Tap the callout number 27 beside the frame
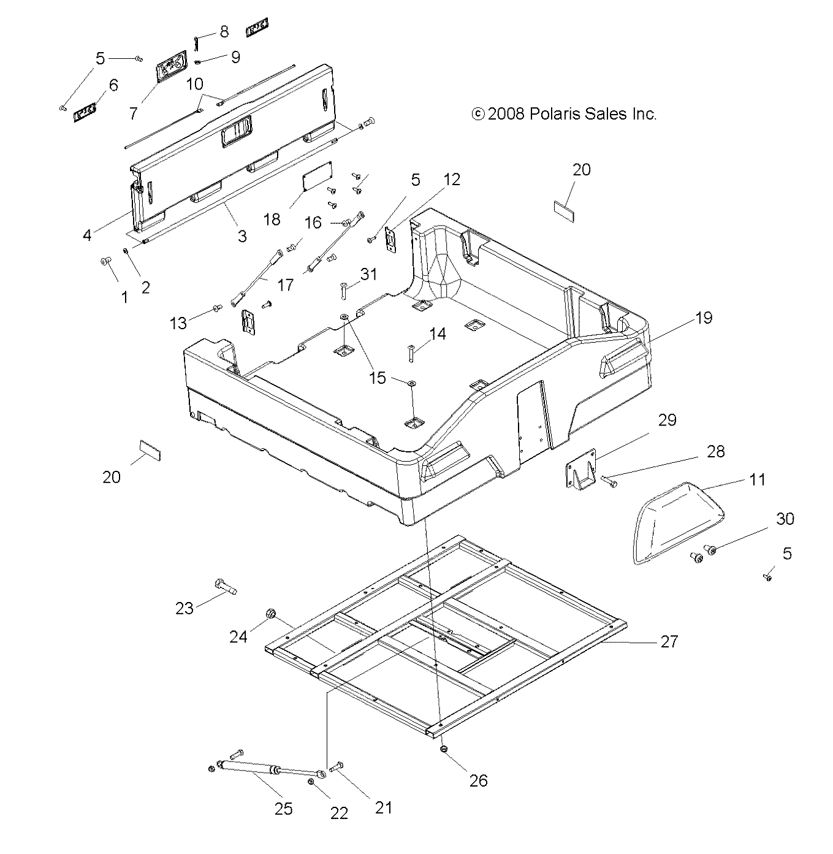[x=669, y=641]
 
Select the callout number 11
[x=758, y=479]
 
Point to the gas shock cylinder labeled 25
[x=251, y=766]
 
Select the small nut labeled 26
[x=442, y=749]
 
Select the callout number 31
[x=368, y=275]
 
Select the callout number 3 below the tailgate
[x=242, y=236]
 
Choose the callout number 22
[x=339, y=813]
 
